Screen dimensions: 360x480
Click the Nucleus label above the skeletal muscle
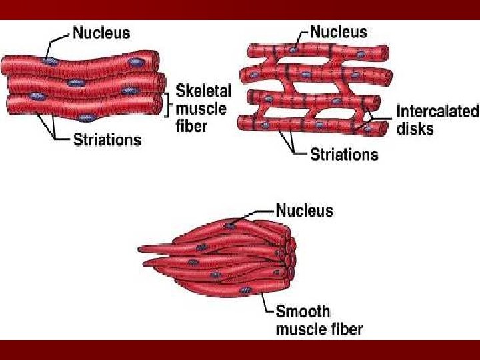101,32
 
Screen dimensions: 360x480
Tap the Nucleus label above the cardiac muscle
339,31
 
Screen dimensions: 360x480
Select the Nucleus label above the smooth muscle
304,211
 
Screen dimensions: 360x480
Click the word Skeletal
203,91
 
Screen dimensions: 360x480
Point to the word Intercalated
437,111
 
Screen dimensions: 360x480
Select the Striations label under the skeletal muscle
107,139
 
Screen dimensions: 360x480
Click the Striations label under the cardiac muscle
344,155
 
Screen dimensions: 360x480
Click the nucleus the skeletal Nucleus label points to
49,61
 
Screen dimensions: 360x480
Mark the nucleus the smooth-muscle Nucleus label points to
230,225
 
